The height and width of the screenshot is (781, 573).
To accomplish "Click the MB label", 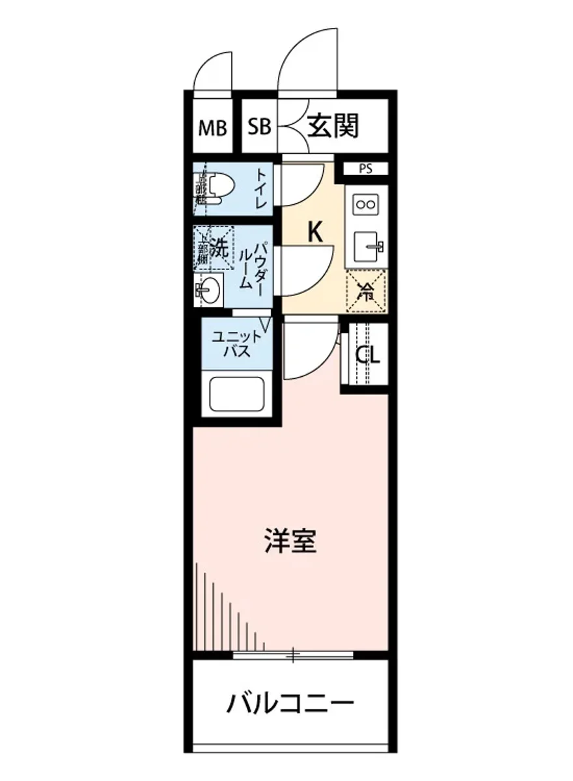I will coord(212,128).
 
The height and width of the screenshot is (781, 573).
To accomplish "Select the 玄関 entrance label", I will coord(333,126).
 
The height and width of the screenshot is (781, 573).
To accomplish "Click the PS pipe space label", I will coord(365,169).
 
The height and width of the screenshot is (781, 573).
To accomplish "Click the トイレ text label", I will coord(260,189).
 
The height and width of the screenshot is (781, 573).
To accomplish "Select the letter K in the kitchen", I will coord(315,231).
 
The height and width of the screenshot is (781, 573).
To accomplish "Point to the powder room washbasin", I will coord(208,288).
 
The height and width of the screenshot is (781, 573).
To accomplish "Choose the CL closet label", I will coord(367,355).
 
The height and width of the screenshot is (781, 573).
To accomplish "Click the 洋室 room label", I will coord(290,541).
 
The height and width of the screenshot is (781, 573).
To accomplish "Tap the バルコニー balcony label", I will coord(290,704).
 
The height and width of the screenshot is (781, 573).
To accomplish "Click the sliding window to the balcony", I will coord(293,655).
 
